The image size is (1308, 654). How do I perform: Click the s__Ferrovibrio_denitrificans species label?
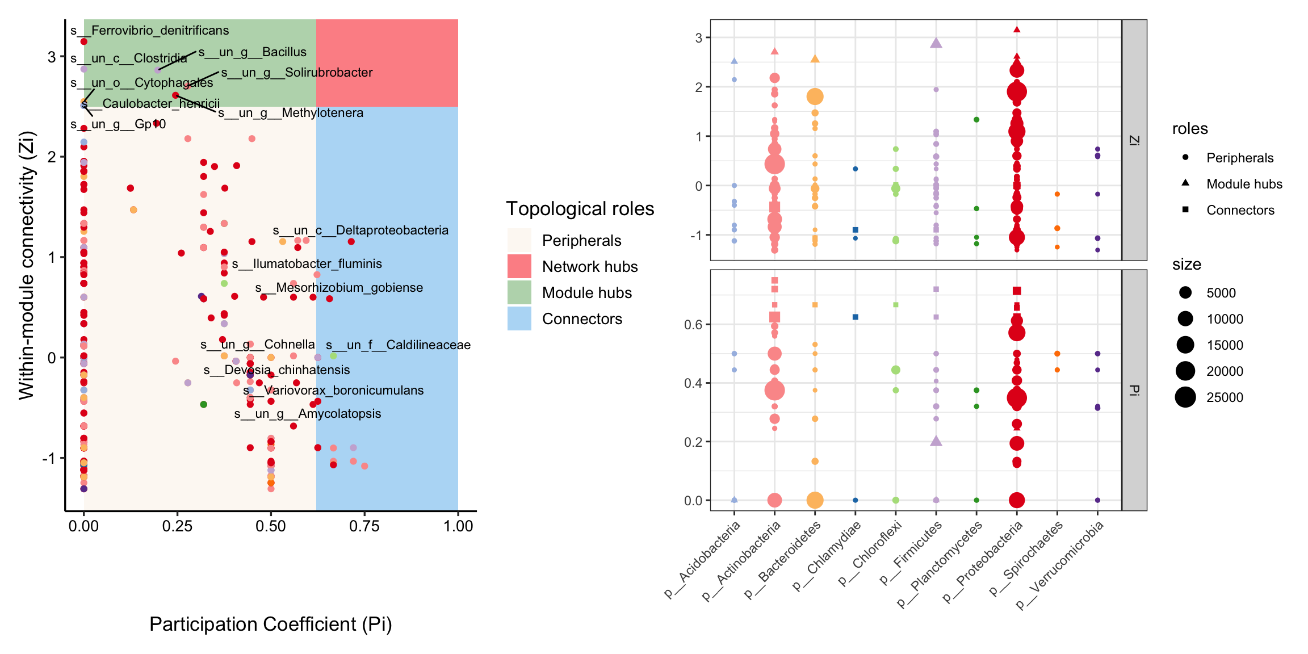click(150, 31)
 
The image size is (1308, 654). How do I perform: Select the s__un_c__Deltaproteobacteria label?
click(360, 230)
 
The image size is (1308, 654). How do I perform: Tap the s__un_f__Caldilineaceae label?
click(398, 345)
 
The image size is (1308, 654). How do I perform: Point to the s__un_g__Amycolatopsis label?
click(308, 414)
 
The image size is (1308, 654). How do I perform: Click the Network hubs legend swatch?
click(519, 266)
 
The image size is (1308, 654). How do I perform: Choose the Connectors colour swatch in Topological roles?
click(519, 318)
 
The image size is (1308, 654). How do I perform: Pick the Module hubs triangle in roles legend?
click(1185, 183)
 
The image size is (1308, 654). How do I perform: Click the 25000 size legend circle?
click(1185, 397)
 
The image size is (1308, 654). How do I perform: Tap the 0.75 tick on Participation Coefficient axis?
click(364, 526)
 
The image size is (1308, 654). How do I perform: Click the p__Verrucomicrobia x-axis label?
click(1060, 565)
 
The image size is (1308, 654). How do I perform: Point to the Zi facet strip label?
click(1134, 140)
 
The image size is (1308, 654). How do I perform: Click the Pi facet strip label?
click(1134, 390)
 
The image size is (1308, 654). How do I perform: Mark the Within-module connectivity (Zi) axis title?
click(27, 265)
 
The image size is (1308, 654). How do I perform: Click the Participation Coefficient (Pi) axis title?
click(270, 624)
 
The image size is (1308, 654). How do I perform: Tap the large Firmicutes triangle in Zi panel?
click(936, 43)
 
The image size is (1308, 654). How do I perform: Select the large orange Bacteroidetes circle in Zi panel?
click(815, 97)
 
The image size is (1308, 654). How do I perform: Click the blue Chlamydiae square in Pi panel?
click(856, 317)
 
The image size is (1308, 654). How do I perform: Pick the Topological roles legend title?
click(580, 209)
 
